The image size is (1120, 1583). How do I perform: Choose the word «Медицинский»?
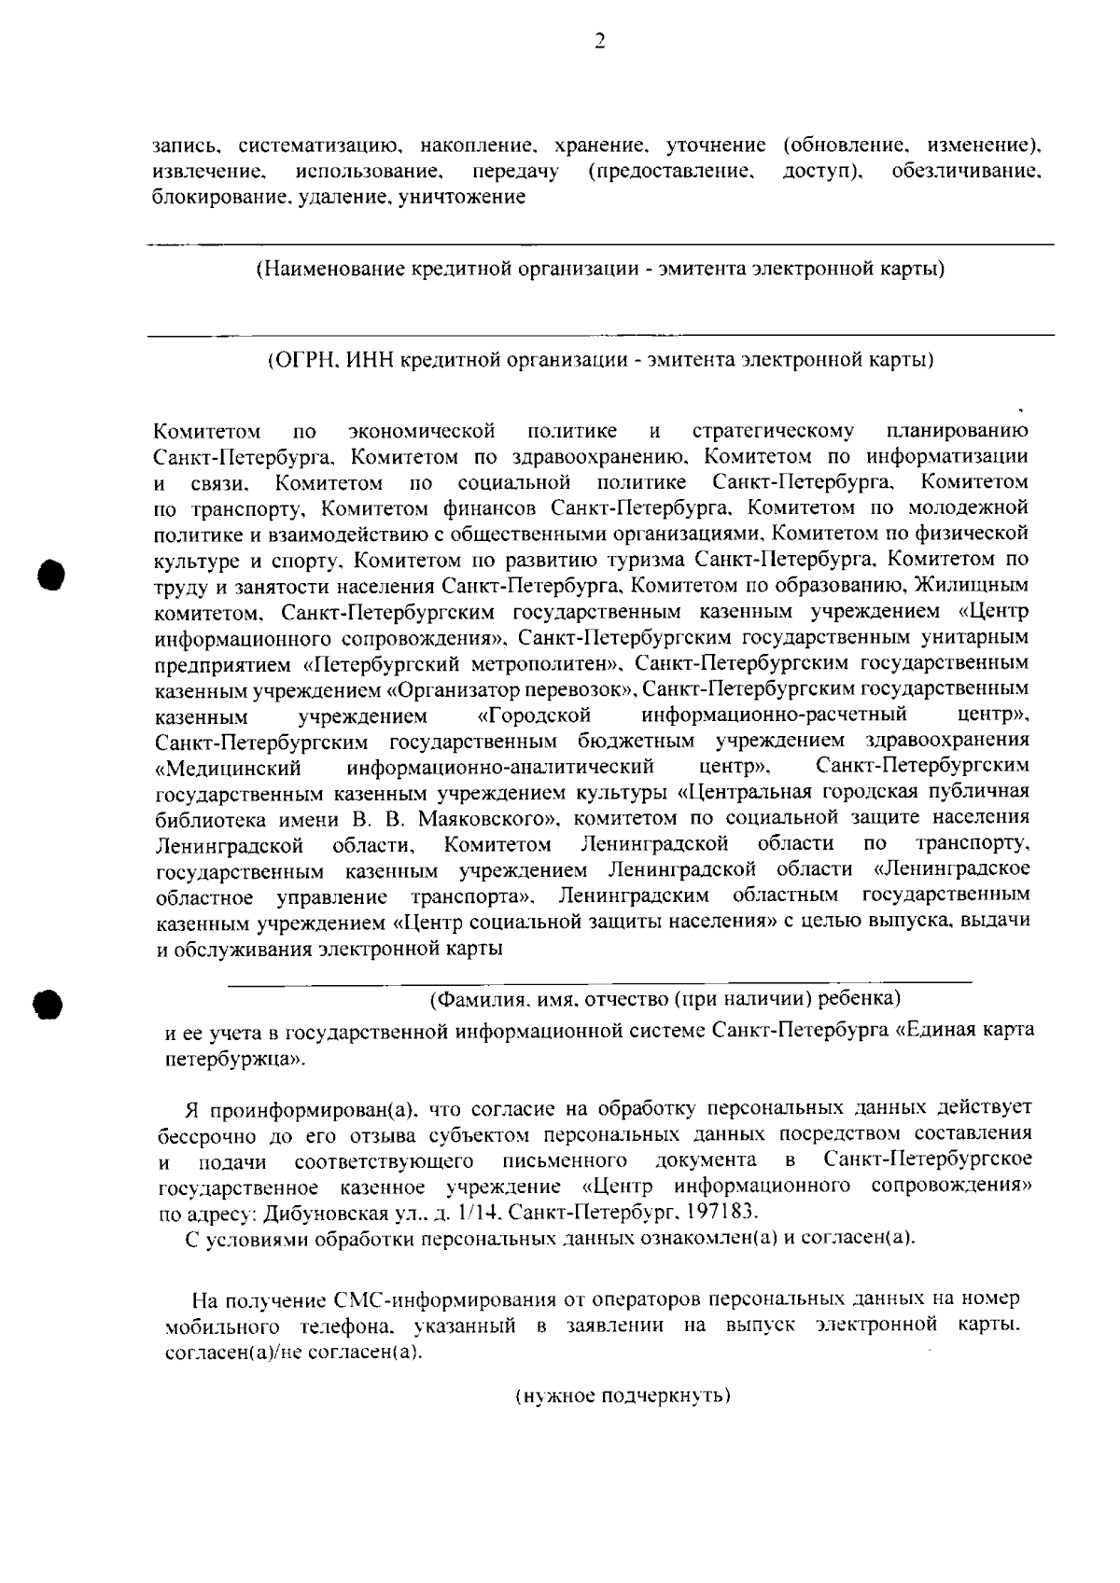231,768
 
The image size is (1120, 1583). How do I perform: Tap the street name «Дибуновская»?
319,1214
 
